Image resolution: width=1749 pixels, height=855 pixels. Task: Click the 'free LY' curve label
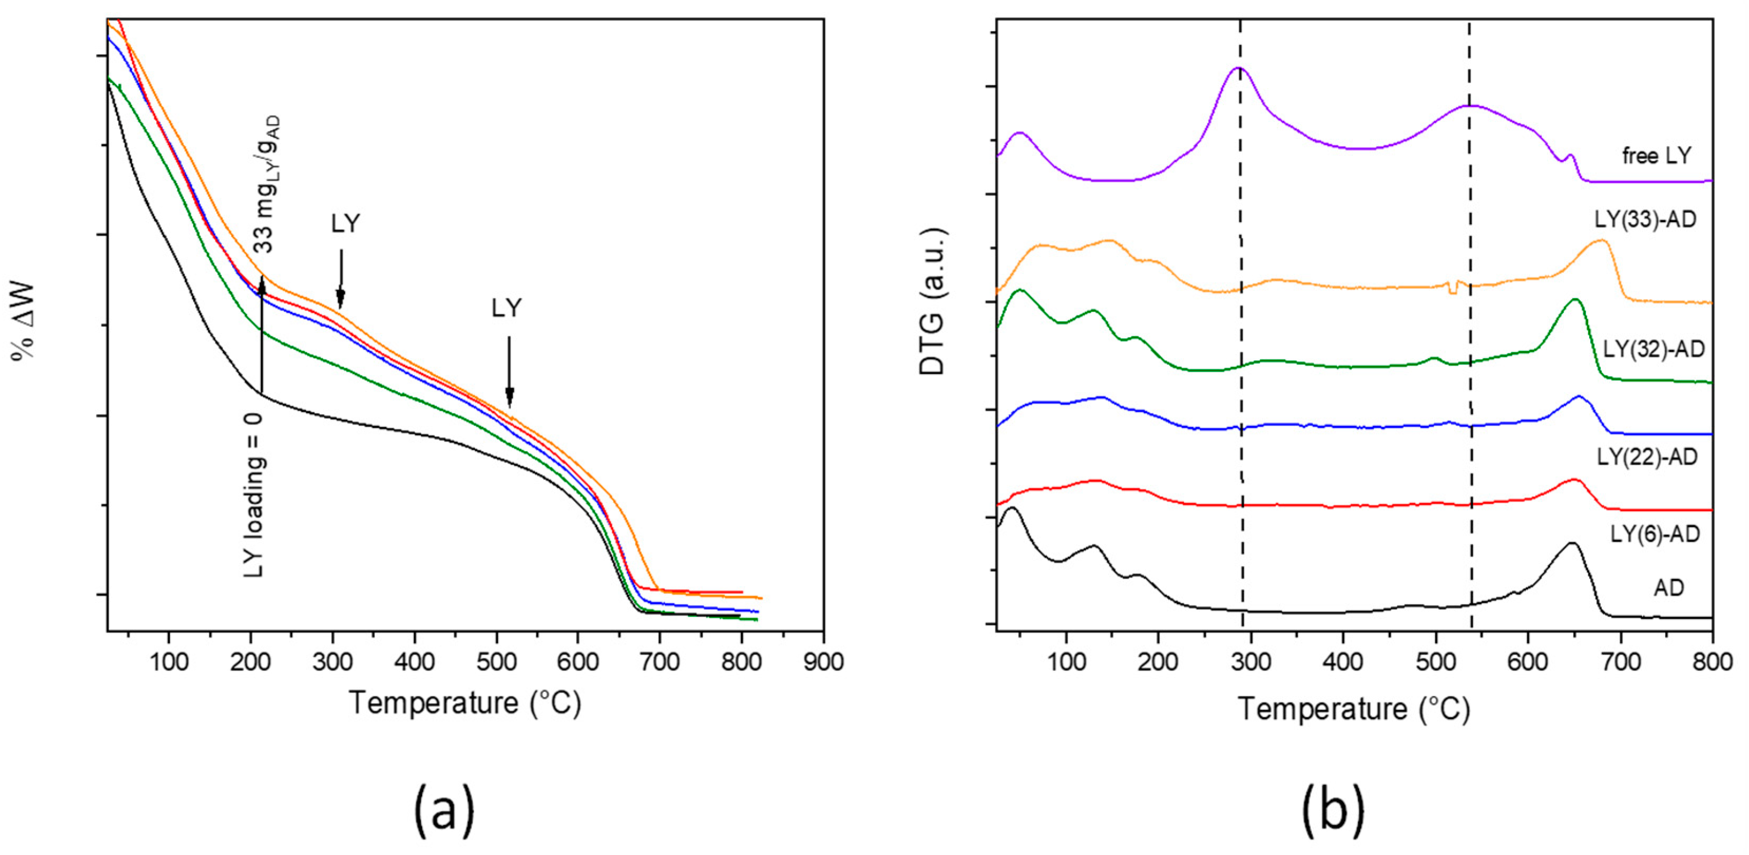(x=1656, y=156)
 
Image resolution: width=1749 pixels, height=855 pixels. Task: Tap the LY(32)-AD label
(x=1653, y=349)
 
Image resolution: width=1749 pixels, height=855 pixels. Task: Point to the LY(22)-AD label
(x=1647, y=457)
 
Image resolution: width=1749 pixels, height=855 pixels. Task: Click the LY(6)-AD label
(x=1655, y=534)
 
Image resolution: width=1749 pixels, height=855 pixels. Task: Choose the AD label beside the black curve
(x=1668, y=588)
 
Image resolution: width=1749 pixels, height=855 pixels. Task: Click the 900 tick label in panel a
(x=823, y=661)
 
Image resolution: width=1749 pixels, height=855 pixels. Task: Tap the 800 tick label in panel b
(x=1712, y=661)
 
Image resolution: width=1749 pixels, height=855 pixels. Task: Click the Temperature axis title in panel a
(x=465, y=703)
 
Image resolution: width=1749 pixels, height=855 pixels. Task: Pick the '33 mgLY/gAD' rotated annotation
(x=265, y=185)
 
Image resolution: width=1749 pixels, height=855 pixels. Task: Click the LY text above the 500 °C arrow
(x=506, y=309)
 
